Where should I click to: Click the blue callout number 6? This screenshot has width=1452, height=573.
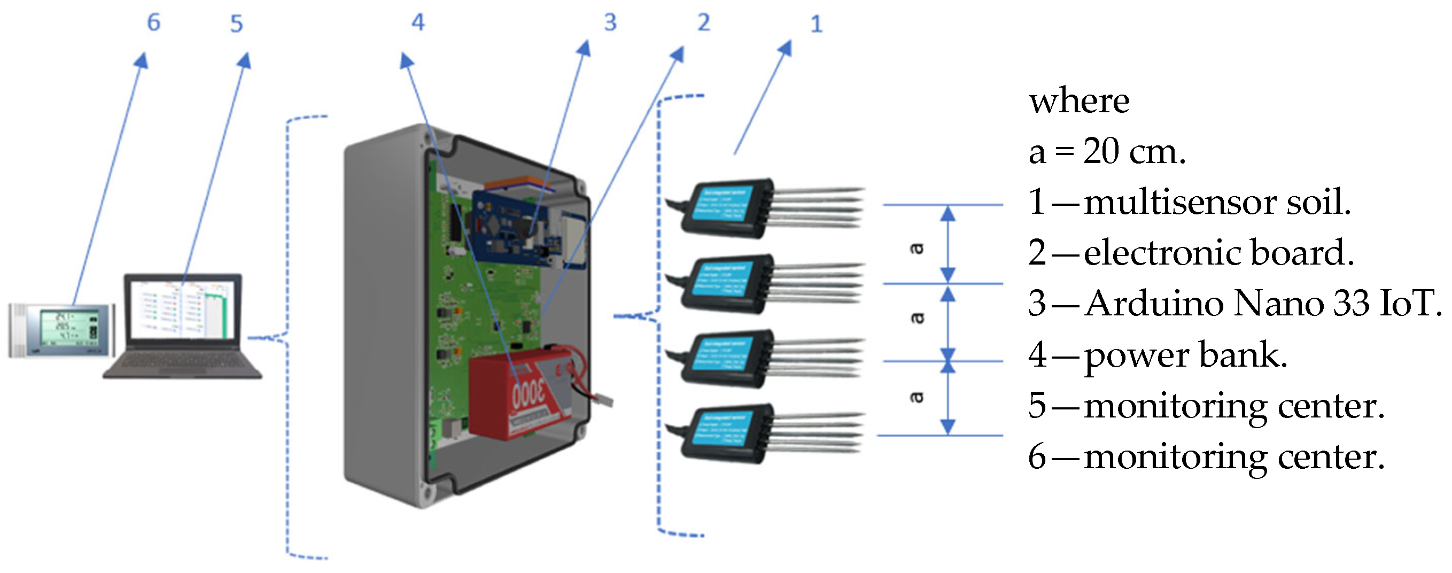coord(153,22)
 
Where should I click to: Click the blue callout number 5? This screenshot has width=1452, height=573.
coord(236,24)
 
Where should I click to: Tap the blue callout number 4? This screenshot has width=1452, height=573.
coord(418,22)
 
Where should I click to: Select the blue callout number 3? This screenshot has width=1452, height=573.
coord(610,22)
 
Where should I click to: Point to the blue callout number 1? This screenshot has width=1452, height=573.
coord(816,24)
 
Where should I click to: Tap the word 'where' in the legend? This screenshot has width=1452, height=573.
coord(1078,102)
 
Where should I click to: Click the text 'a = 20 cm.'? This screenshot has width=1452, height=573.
coord(1106,152)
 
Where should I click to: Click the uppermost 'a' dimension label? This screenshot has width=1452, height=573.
coord(917,248)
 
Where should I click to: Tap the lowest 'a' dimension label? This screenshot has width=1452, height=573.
coord(917,397)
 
